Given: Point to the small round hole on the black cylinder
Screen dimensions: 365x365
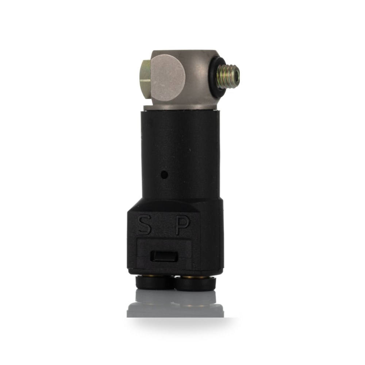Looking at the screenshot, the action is [165, 174].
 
